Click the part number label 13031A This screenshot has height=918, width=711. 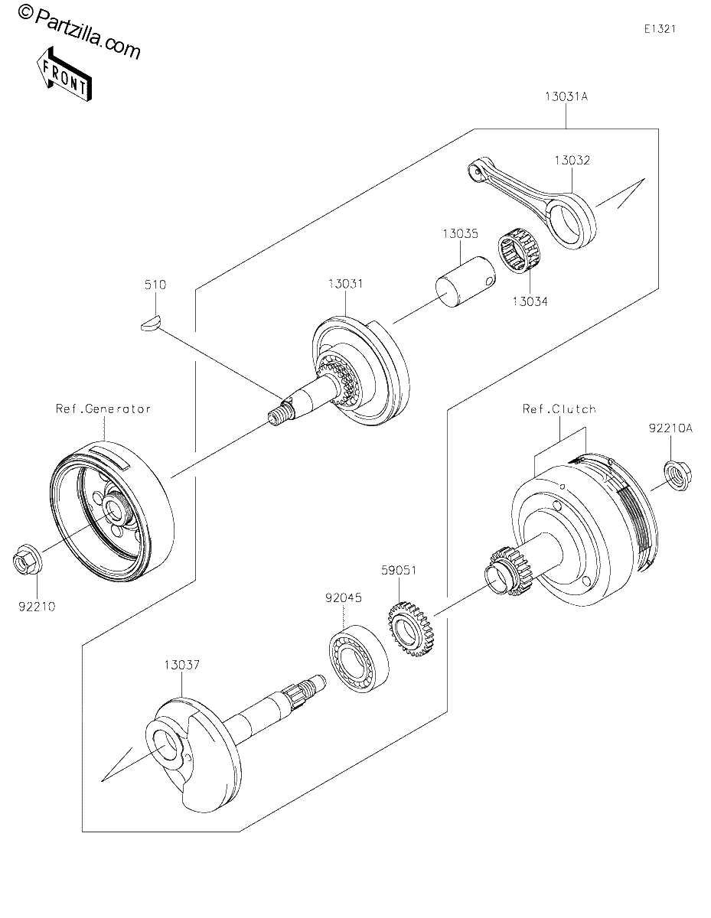pyautogui.click(x=566, y=96)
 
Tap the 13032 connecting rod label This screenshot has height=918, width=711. pyautogui.click(x=572, y=161)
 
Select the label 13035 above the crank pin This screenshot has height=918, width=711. pyautogui.click(x=461, y=233)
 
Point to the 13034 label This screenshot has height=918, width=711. pyautogui.click(x=530, y=301)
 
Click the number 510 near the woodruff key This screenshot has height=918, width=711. pyautogui.click(x=155, y=285)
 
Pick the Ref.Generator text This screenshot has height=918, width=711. pyautogui.click(x=103, y=409)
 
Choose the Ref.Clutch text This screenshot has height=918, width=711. pyautogui.click(x=559, y=409)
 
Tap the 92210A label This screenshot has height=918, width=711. pyautogui.click(x=671, y=428)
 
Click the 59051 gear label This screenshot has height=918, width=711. pyautogui.click(x=399, y=571)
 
